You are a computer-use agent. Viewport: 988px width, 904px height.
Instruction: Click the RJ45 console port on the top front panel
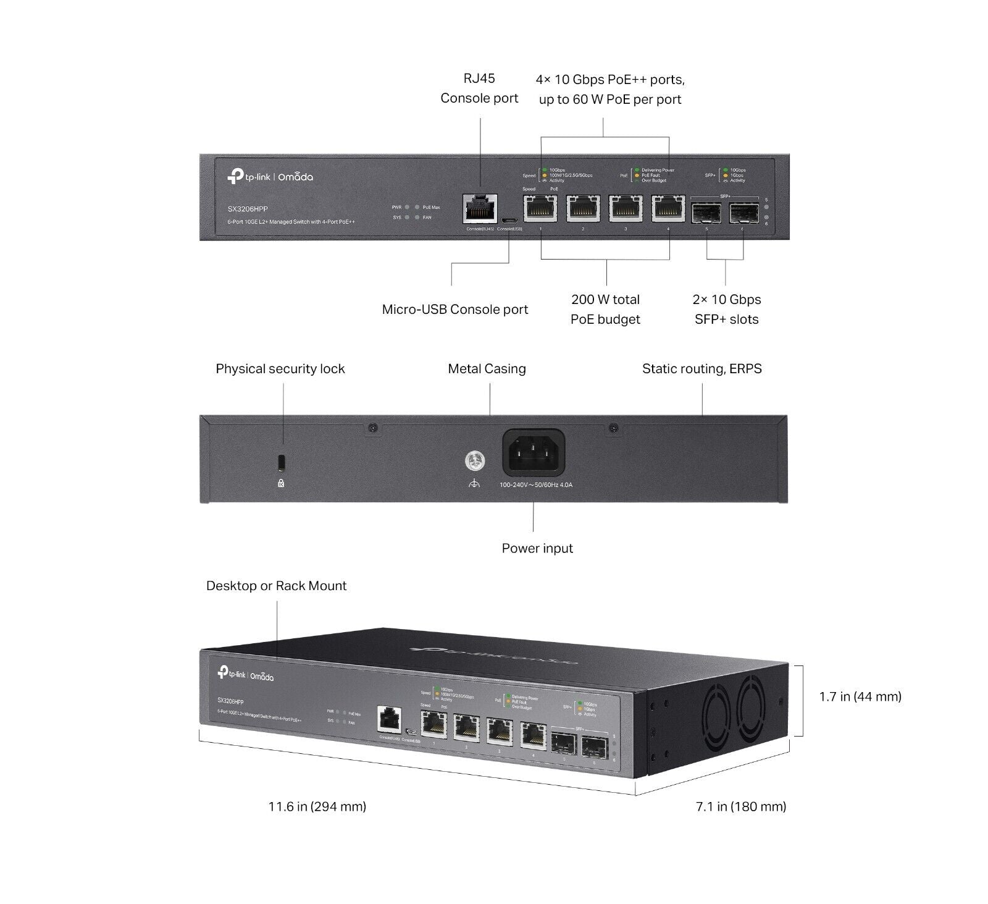480,209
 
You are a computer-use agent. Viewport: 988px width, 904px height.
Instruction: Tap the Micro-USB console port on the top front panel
509,221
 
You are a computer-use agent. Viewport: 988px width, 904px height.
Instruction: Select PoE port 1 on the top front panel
540,208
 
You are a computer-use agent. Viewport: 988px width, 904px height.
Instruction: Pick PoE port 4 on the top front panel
668,208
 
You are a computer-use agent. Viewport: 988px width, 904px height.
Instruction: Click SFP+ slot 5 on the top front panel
706,213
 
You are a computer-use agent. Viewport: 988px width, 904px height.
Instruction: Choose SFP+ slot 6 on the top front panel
743,213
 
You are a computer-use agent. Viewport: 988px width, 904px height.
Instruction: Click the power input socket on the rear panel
534,453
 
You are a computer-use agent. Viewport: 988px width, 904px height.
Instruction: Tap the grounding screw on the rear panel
474,460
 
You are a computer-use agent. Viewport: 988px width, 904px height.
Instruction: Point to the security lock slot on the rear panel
282,462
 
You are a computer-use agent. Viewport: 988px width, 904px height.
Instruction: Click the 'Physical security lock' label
280,369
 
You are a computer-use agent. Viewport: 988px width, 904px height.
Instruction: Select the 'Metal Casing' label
487,369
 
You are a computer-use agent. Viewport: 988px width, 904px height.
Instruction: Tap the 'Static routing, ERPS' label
701,369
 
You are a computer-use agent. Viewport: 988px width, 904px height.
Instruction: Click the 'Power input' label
537,549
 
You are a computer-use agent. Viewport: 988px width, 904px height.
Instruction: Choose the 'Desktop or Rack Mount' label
276,586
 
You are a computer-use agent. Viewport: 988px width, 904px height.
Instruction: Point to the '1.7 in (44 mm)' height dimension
860,697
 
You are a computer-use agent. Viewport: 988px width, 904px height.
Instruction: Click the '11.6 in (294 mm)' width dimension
317,806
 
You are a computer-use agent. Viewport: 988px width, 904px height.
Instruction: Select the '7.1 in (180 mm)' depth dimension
741,806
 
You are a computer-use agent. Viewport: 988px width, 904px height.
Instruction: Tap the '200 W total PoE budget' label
605,310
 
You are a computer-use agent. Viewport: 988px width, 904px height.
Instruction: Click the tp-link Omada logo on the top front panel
270,177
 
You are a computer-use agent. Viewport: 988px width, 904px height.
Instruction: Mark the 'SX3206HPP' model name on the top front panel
248,209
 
